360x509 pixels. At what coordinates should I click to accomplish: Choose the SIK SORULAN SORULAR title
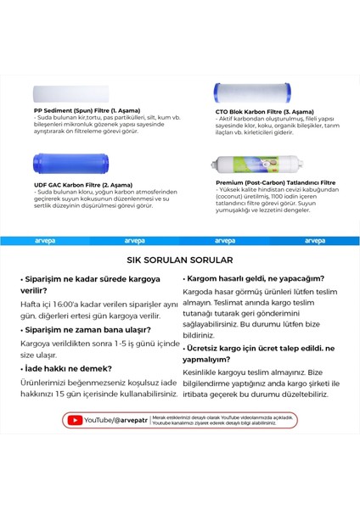(x=179, y=260)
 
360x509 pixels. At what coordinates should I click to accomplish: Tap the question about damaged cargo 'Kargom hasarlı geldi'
(x=255, y=277)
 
